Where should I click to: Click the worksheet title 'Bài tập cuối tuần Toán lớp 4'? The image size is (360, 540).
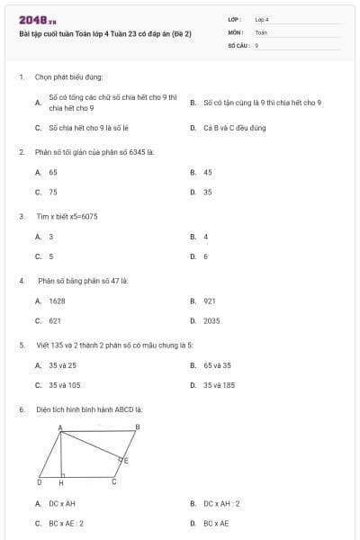(x=105, y=33)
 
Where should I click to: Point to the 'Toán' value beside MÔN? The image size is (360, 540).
(x=261, y=31)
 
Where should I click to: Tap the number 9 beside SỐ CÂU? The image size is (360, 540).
(x=257, y=44)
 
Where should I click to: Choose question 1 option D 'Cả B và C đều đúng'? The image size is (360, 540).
(x=233, y=128)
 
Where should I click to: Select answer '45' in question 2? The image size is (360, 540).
(x=208, y=171)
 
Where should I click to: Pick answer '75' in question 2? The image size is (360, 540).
(x=53, y=192)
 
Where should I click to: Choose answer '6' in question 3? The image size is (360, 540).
(x=205, y=256)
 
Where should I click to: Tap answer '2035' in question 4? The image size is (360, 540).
(x=211, y=320)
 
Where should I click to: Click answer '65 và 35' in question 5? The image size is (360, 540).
(x=217, y=365)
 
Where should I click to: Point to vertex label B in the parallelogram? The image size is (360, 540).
(x=137, y=427)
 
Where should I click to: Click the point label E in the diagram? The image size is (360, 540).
(x=125, y=461)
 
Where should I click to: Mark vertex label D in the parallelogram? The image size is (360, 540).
(x=39, y=482)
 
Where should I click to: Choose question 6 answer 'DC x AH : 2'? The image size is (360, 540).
(x=221, y=504)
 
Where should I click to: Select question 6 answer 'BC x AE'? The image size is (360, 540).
(x=216, y=523)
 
